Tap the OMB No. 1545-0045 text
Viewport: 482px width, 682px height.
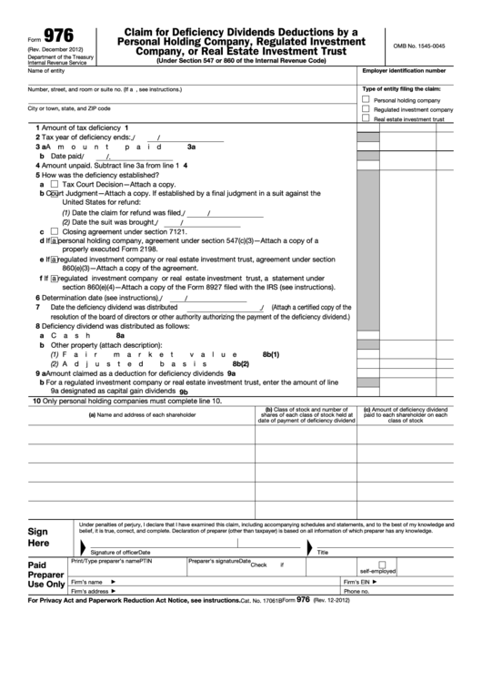(419, 46)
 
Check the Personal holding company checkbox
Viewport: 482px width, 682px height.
(366, 99)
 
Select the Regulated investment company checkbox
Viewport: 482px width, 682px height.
(366, 108)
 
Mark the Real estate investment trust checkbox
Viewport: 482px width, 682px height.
(366, 118)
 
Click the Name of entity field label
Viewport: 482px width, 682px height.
(46, 70)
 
